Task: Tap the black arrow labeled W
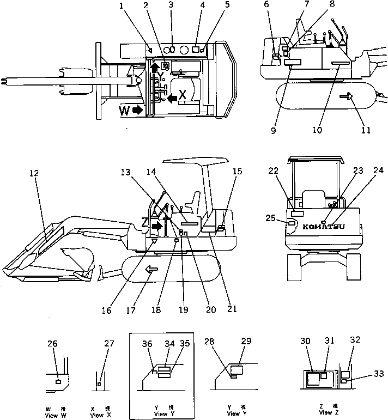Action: (x=136, y=110)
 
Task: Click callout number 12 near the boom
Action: (x=34, y=173)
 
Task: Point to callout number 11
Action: (x=366, y=130)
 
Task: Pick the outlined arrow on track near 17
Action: (x=148, y=269)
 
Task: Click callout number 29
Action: (x=246, y=340)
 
